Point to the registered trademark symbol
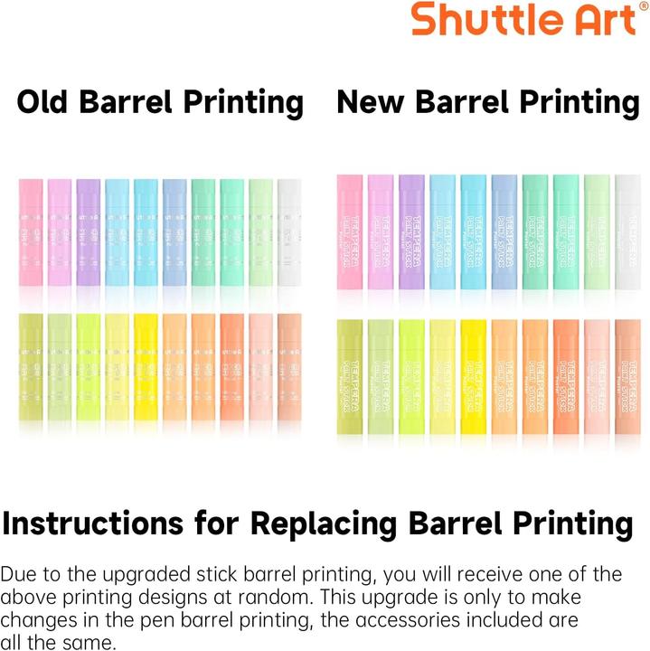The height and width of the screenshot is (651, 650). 643,6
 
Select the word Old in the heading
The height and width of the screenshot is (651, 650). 44,102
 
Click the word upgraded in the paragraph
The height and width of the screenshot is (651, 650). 130,574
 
